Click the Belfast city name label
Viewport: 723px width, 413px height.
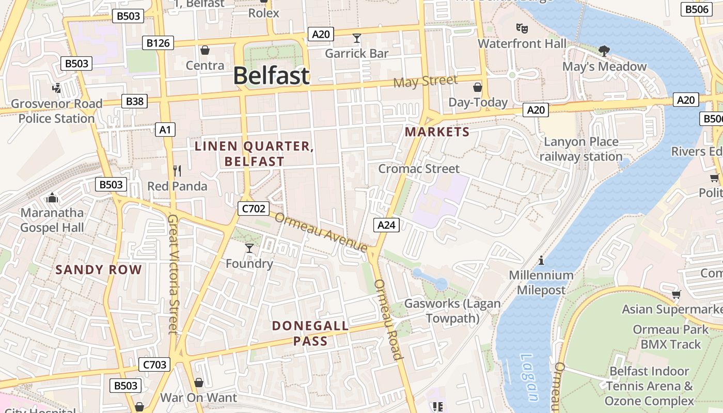pos(271,76)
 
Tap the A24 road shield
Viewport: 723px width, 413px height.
pos(386,225)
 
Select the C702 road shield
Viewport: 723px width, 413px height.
pos(253,209)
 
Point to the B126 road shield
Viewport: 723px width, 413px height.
pos(158,43)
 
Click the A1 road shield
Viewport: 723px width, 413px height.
pos(165,130)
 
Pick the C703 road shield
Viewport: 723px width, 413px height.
pos(154,365)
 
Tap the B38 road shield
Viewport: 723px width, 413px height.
pos(134,101)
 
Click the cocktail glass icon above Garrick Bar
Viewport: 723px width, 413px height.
pos(356,38)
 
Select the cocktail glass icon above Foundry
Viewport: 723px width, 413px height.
pos(249,248)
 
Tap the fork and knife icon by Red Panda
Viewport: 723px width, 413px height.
pos(177,171)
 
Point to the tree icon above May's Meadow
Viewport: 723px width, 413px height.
pos(604,51)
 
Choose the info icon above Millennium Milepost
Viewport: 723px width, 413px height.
pos(541,260)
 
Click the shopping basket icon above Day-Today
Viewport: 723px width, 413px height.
pos(478,87)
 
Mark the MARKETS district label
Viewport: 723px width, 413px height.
pos(437,132)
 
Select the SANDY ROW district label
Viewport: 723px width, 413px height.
pos(98,269)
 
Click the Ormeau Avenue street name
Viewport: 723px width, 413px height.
pos(320,232)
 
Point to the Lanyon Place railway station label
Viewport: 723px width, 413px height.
pos(581,149)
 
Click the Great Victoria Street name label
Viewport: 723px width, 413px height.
pos(174,274)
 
